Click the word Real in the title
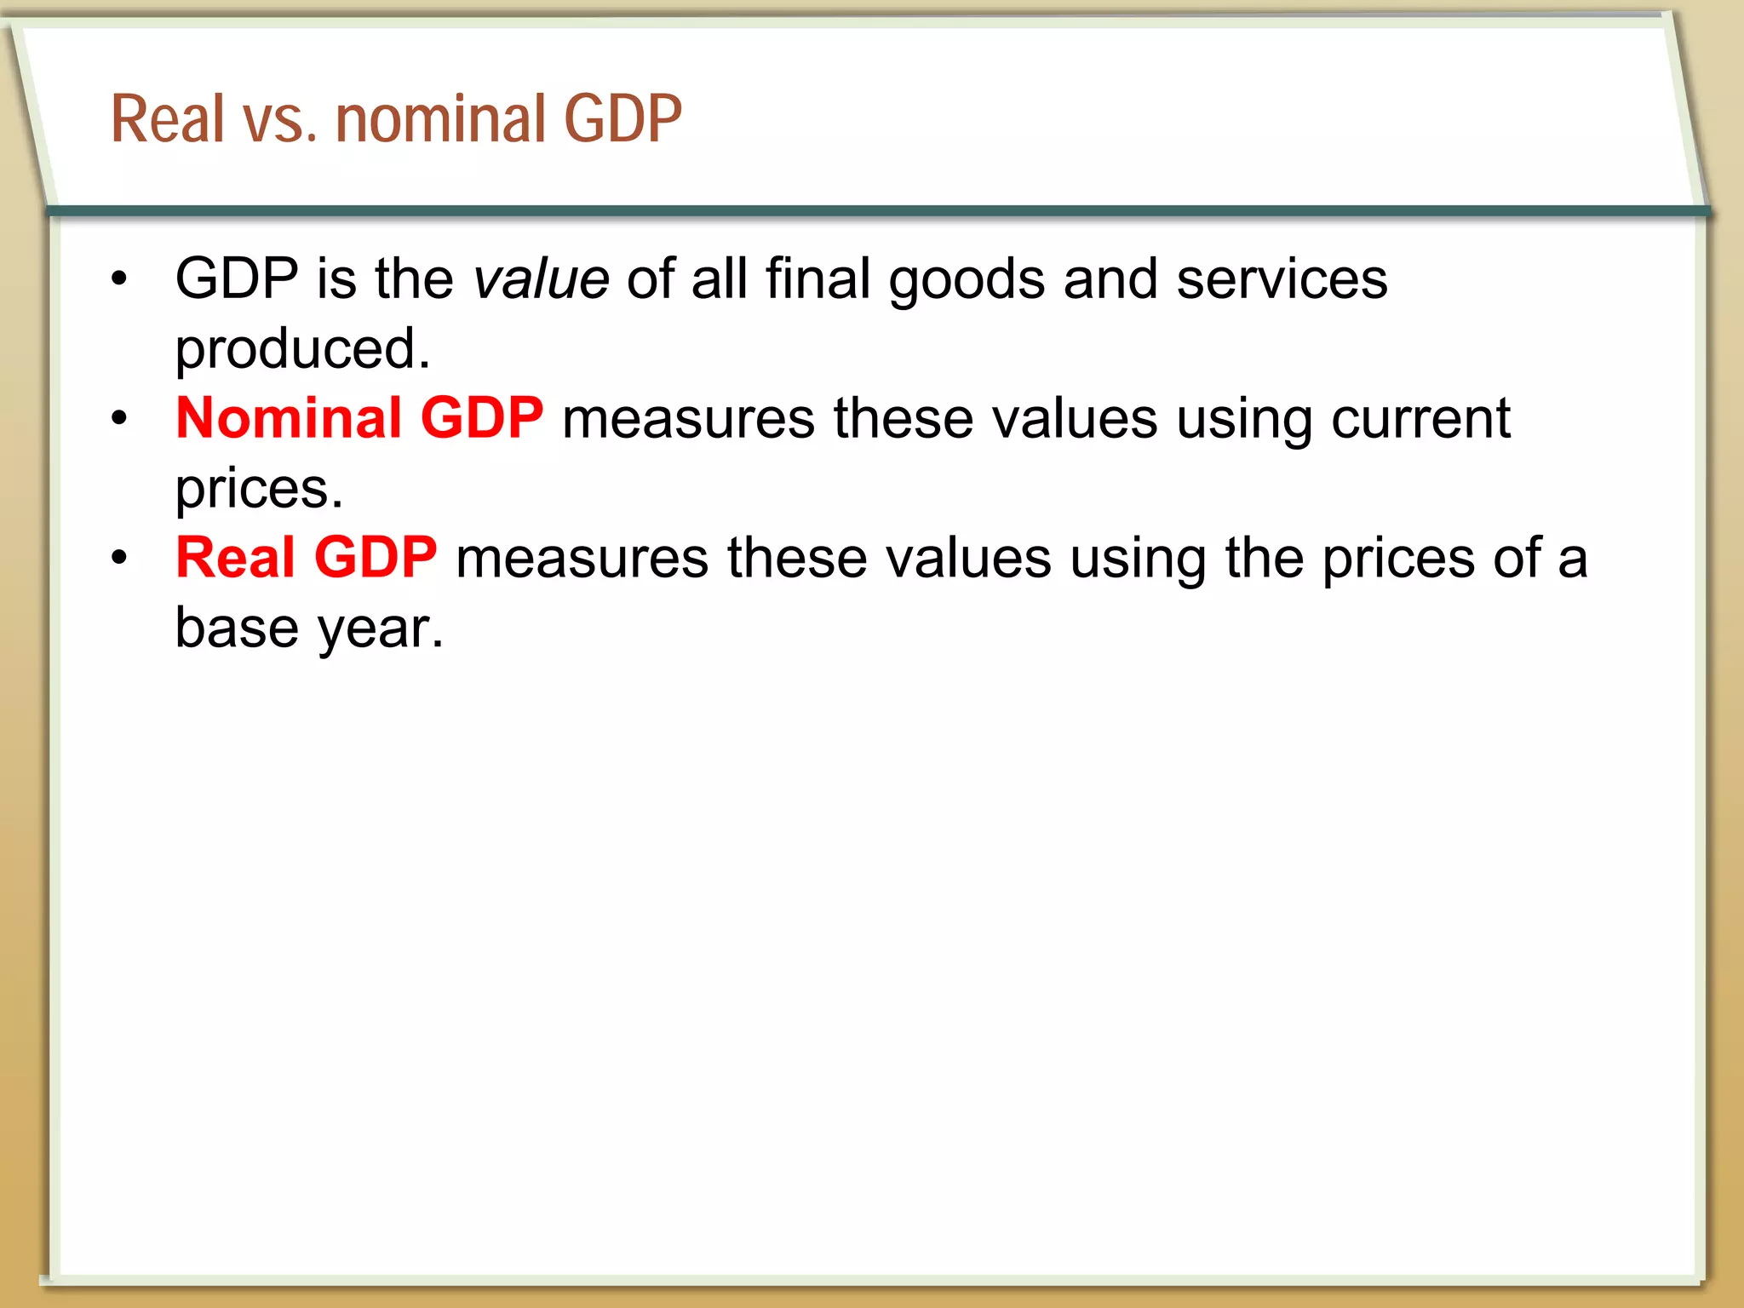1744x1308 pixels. tap(168, 118)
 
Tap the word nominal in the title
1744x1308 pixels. tap(440, 118)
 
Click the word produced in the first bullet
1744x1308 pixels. tap(302, 349)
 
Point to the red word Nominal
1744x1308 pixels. tap(289, 418)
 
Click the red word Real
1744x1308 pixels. tap(236, 558)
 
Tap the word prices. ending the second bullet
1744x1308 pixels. tap(259, 489)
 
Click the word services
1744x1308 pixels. tap(1282, 279)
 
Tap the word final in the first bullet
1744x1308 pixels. tap(817, 278)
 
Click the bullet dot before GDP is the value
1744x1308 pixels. tap(119, 278)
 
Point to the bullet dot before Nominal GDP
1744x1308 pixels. tap(119, 418)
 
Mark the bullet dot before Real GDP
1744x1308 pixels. tap(119, 558)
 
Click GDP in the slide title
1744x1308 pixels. tap(622, 118)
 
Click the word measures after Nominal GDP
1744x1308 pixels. tap(688, 419)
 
